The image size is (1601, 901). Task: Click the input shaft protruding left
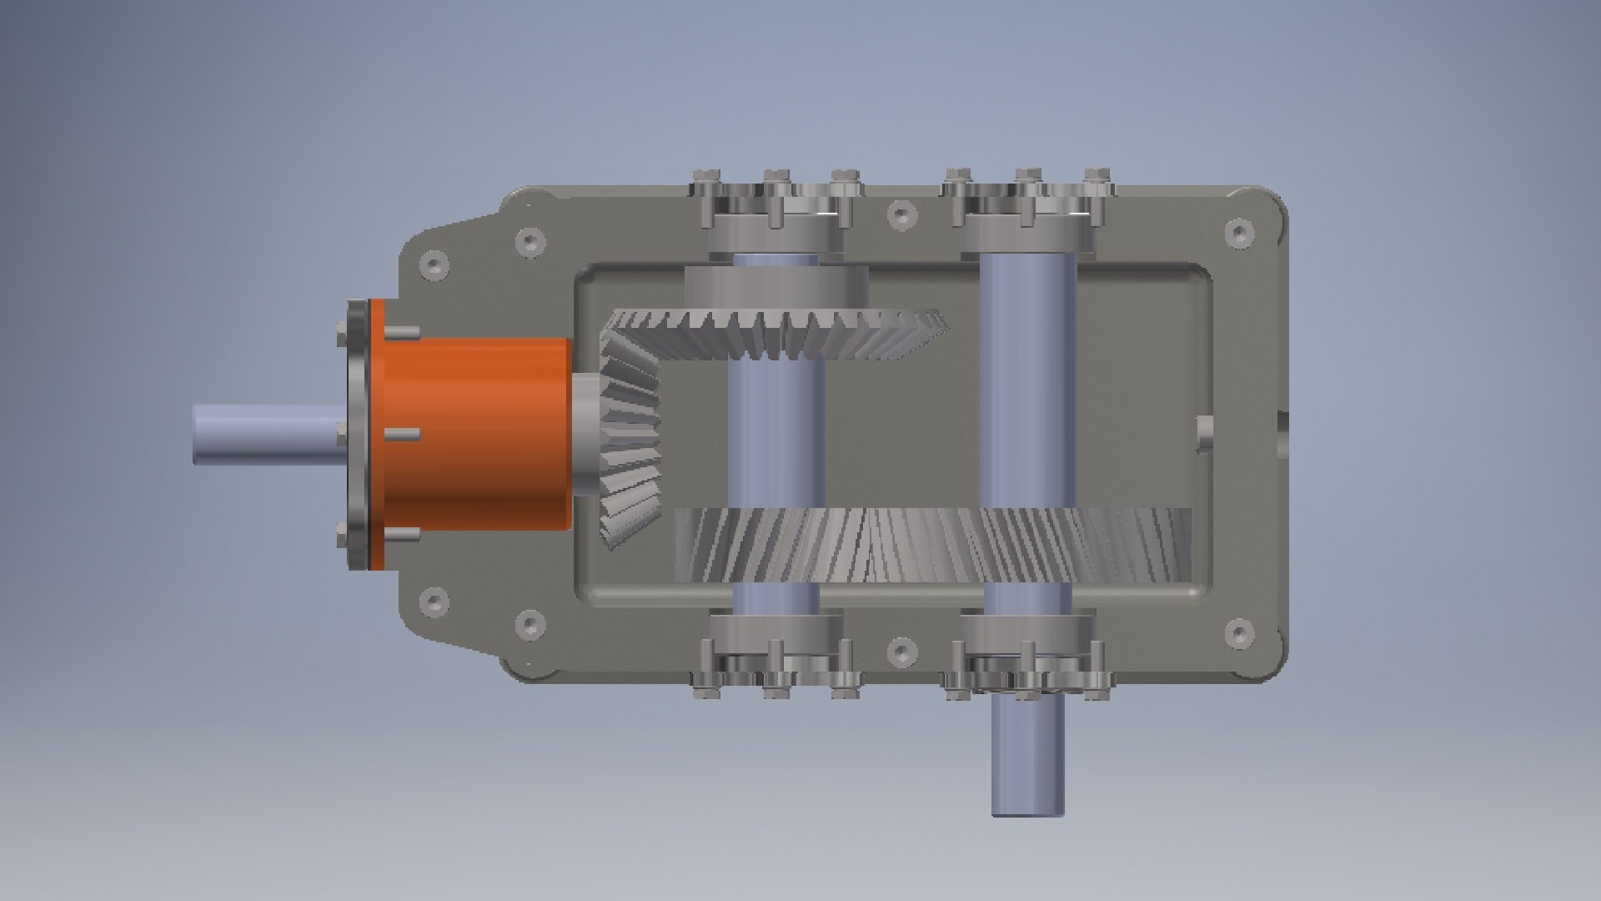(x=267, y=434)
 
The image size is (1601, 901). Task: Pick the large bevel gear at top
(x=775, y=334)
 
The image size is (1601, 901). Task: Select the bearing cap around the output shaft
(x=1027, y=638)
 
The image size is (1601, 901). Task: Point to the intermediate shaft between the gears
(x=775, y=434)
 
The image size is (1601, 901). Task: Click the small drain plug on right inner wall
(x=1205, y=434)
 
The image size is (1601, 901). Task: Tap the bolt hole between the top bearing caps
(x=901, y=214)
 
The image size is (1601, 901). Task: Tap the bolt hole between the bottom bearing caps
(x=901, y=650)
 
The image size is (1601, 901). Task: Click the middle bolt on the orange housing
(x=402, y=435)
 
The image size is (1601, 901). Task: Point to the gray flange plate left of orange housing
(x=357, y=434)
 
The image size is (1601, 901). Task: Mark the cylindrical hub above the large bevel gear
(x=775, y=288)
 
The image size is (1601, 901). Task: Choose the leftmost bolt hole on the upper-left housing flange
(x=433, y=266)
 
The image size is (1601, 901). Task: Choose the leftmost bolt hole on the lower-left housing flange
(x=433, y=602)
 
